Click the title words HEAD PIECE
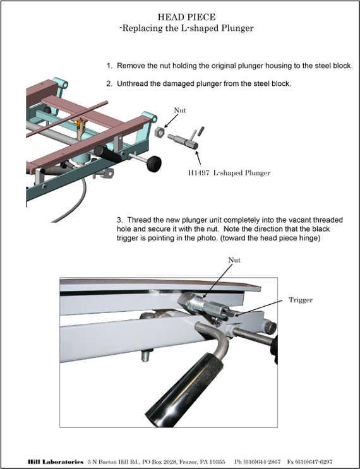tap(186, 17)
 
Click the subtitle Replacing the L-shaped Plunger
tap(188, 28)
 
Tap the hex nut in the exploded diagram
tap(160, 132)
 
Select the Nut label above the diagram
tap(180, 110)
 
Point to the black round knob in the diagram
tap(154, 163)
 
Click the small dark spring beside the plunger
tap(202, 131)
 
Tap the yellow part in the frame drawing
tap(80, 124)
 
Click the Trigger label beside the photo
tap(301, 300)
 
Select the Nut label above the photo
tap(234, 260)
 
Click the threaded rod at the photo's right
tap(253, 337)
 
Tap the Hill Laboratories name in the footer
tap(56, 462)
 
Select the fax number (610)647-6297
tap(314, 462)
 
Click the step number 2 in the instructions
tap(109, 84)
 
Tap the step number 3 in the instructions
tap(119, 220)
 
